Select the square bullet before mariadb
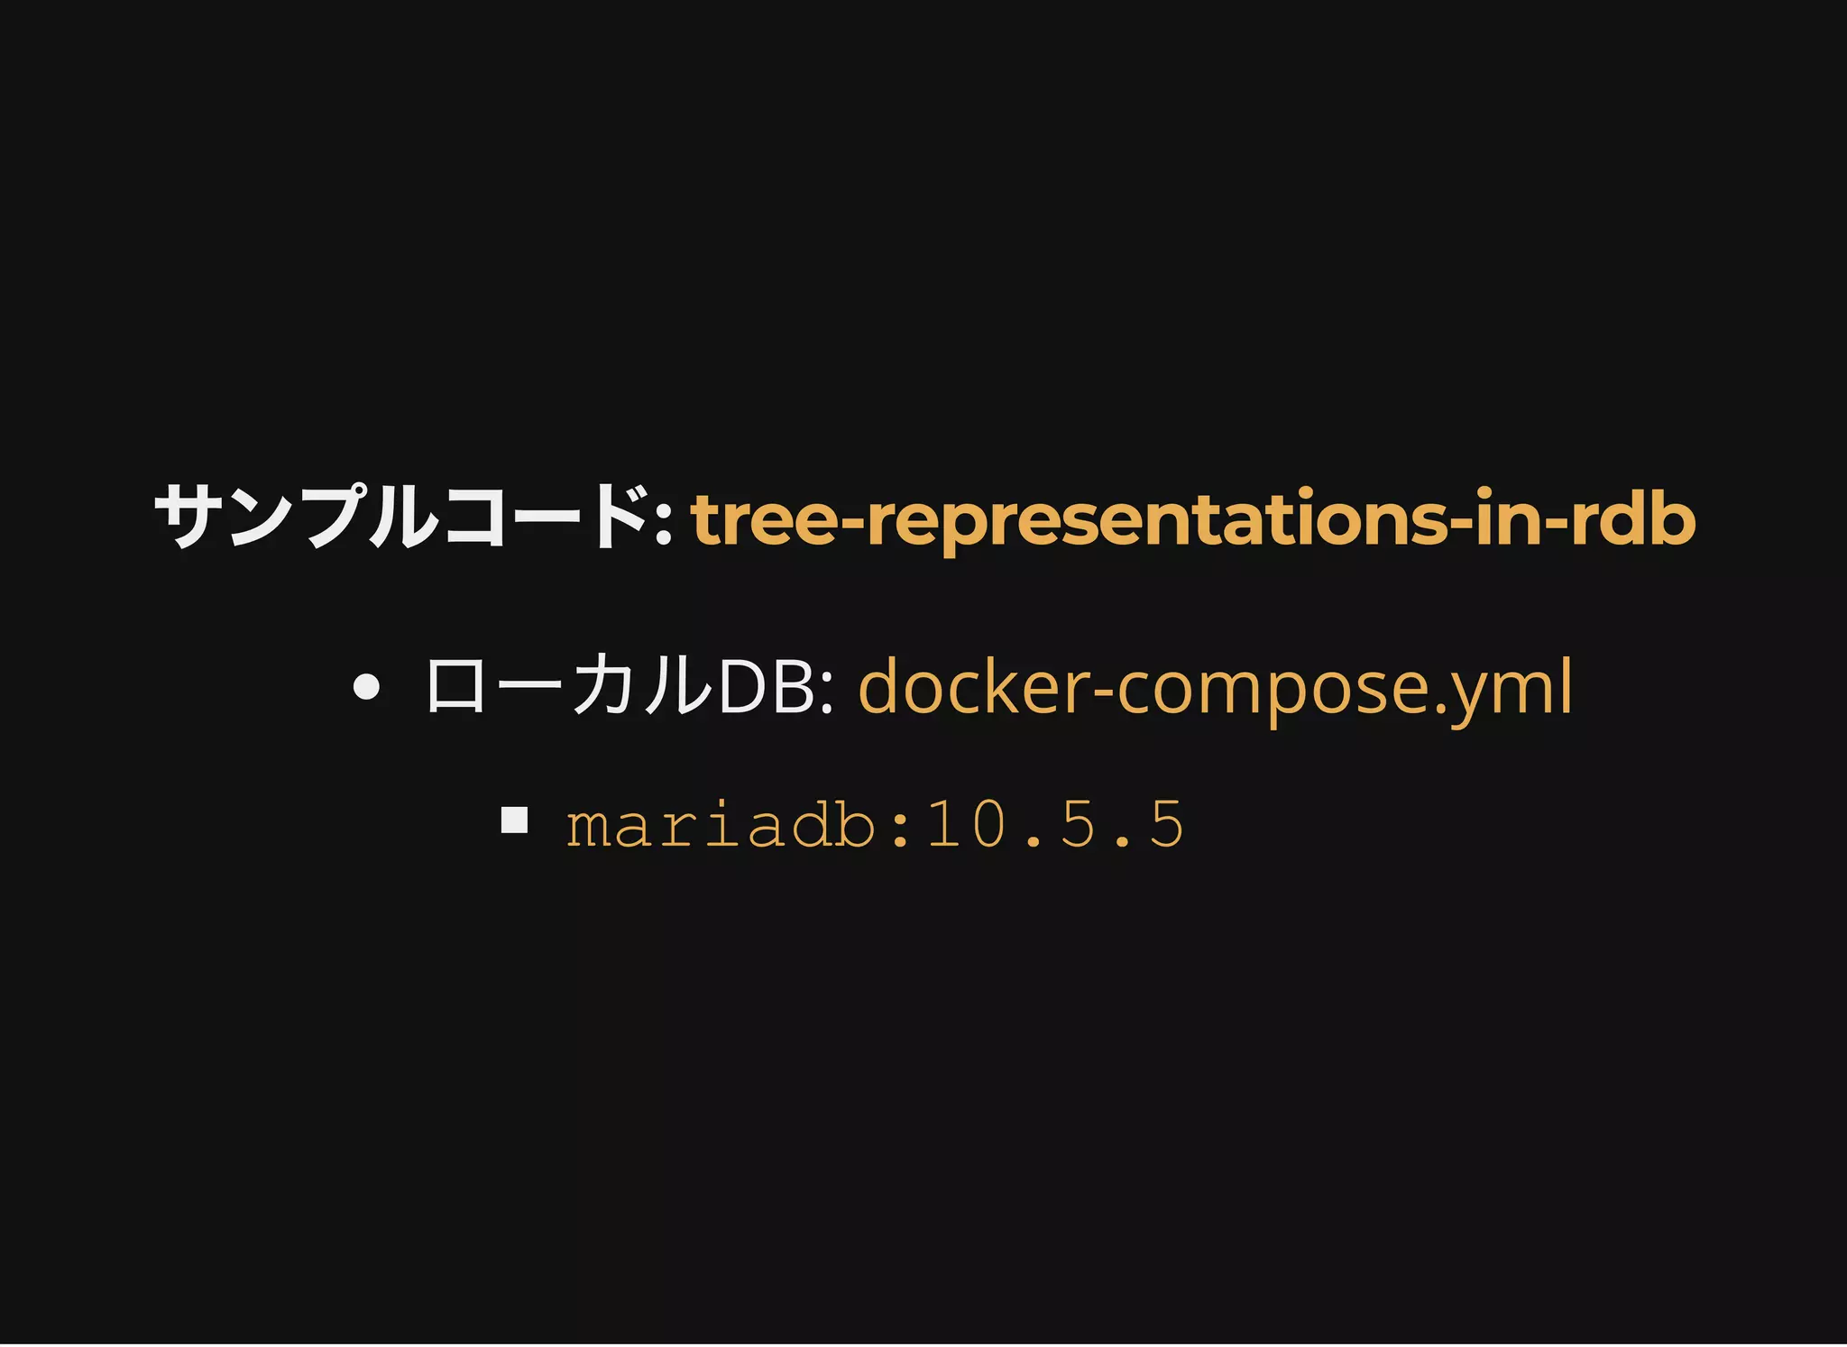(x=514, y=820)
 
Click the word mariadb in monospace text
(x=720, y=824)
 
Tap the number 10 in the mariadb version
(x=966, y=824)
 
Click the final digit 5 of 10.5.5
(x=1166, y=824)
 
